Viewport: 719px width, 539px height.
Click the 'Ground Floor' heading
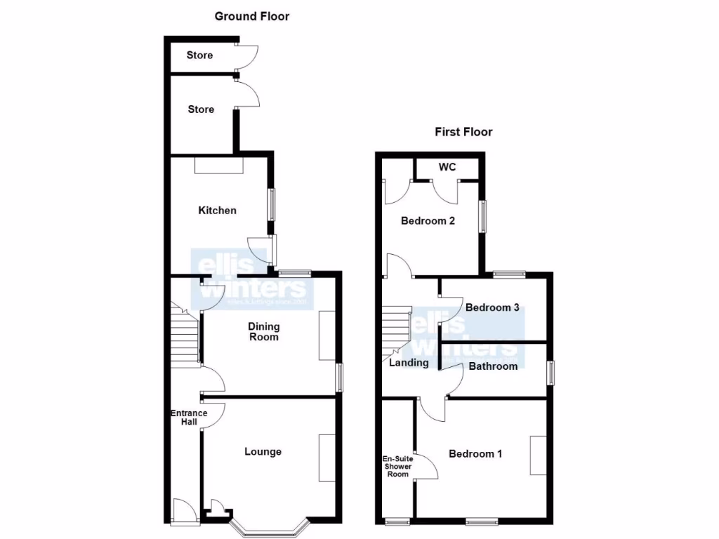tap(251, 16)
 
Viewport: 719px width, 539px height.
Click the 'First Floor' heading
tap(463, 131)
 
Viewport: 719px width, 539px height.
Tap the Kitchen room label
tap(217, 211)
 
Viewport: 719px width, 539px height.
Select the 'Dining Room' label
tap(263, 331)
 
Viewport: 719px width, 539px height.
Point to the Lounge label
tap(263, 451)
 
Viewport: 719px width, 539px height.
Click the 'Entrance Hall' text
tap(189, 417)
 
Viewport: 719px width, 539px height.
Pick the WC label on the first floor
tap(447, 167)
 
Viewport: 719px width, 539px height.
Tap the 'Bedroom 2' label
tap(428, 221)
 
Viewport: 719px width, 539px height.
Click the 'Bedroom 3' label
tap(492, 307)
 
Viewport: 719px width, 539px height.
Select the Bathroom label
tap(493, 366)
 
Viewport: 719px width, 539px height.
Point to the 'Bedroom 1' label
tap(475, 453)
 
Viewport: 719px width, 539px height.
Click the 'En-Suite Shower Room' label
tap(397, 467)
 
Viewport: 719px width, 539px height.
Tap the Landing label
tap(409, 363)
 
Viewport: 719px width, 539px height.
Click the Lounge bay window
tap(270, 526)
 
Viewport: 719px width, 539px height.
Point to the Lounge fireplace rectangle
tap(327, 458)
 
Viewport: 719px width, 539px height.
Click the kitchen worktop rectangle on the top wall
tap(219, 165)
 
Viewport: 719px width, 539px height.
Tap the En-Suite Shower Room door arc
tap(426, 467)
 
